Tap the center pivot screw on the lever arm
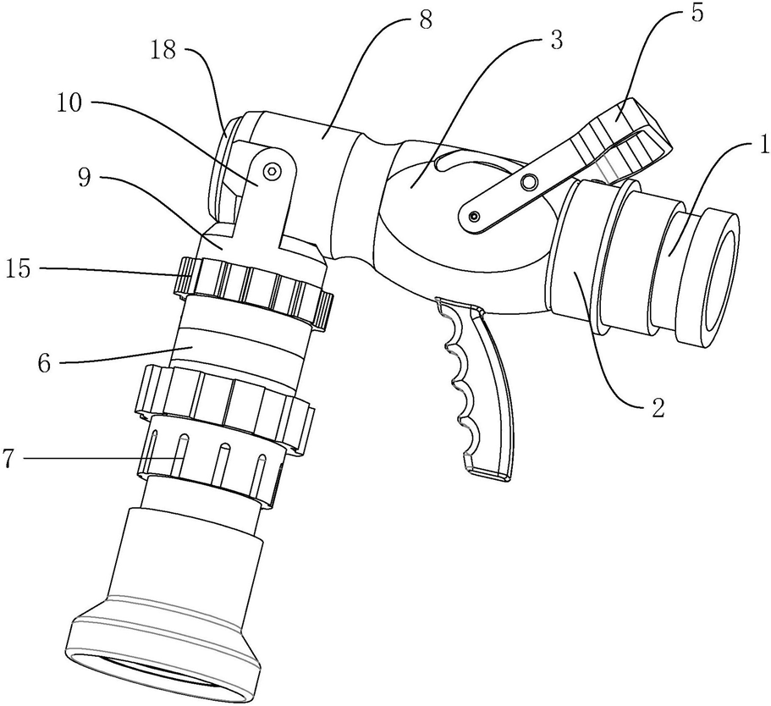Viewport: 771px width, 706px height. (529, 183)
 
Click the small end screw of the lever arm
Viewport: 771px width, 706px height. (474, 218)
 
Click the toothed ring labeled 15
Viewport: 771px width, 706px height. (254, 288)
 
